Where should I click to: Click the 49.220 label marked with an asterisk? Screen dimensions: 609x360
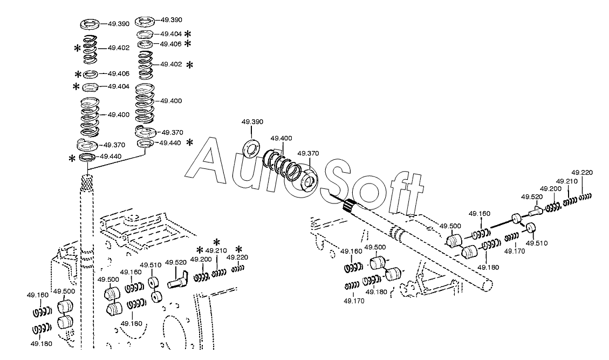pos(237,257)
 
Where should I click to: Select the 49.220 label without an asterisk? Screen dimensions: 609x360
pos(582,173)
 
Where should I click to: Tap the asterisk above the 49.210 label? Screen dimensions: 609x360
pos(217,242)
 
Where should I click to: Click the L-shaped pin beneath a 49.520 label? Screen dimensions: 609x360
pos(177,279)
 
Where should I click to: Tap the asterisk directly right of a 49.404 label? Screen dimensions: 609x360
pos(188,34)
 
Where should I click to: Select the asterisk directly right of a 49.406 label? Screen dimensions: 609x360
pos(188,44)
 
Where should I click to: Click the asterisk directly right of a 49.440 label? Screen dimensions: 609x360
pos(189,142)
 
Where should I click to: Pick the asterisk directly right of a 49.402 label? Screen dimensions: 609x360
pos(189,65)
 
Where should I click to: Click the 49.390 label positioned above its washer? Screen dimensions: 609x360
pos(252,121)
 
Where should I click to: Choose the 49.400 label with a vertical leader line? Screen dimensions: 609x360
pos(282,138)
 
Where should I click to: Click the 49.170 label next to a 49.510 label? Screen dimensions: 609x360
pos(515,251)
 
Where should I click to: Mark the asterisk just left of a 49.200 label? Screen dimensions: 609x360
pos(200,250)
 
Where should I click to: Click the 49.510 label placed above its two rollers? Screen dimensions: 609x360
pos(150,265)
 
